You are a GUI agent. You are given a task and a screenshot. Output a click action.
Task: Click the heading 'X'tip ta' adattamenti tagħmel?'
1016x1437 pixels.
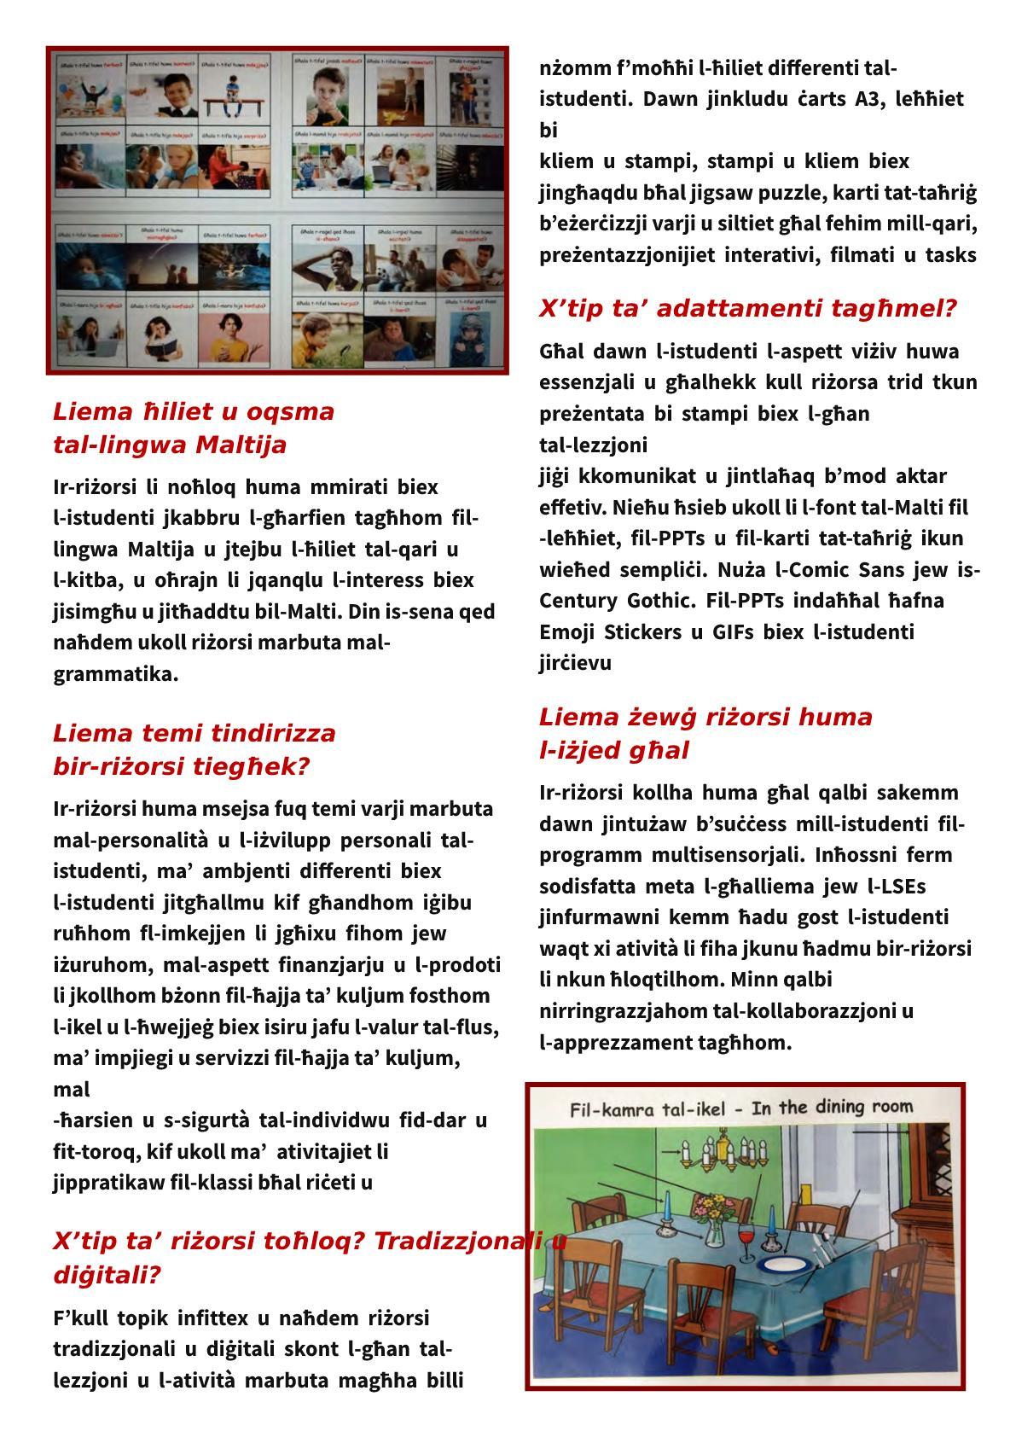point(747,309)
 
